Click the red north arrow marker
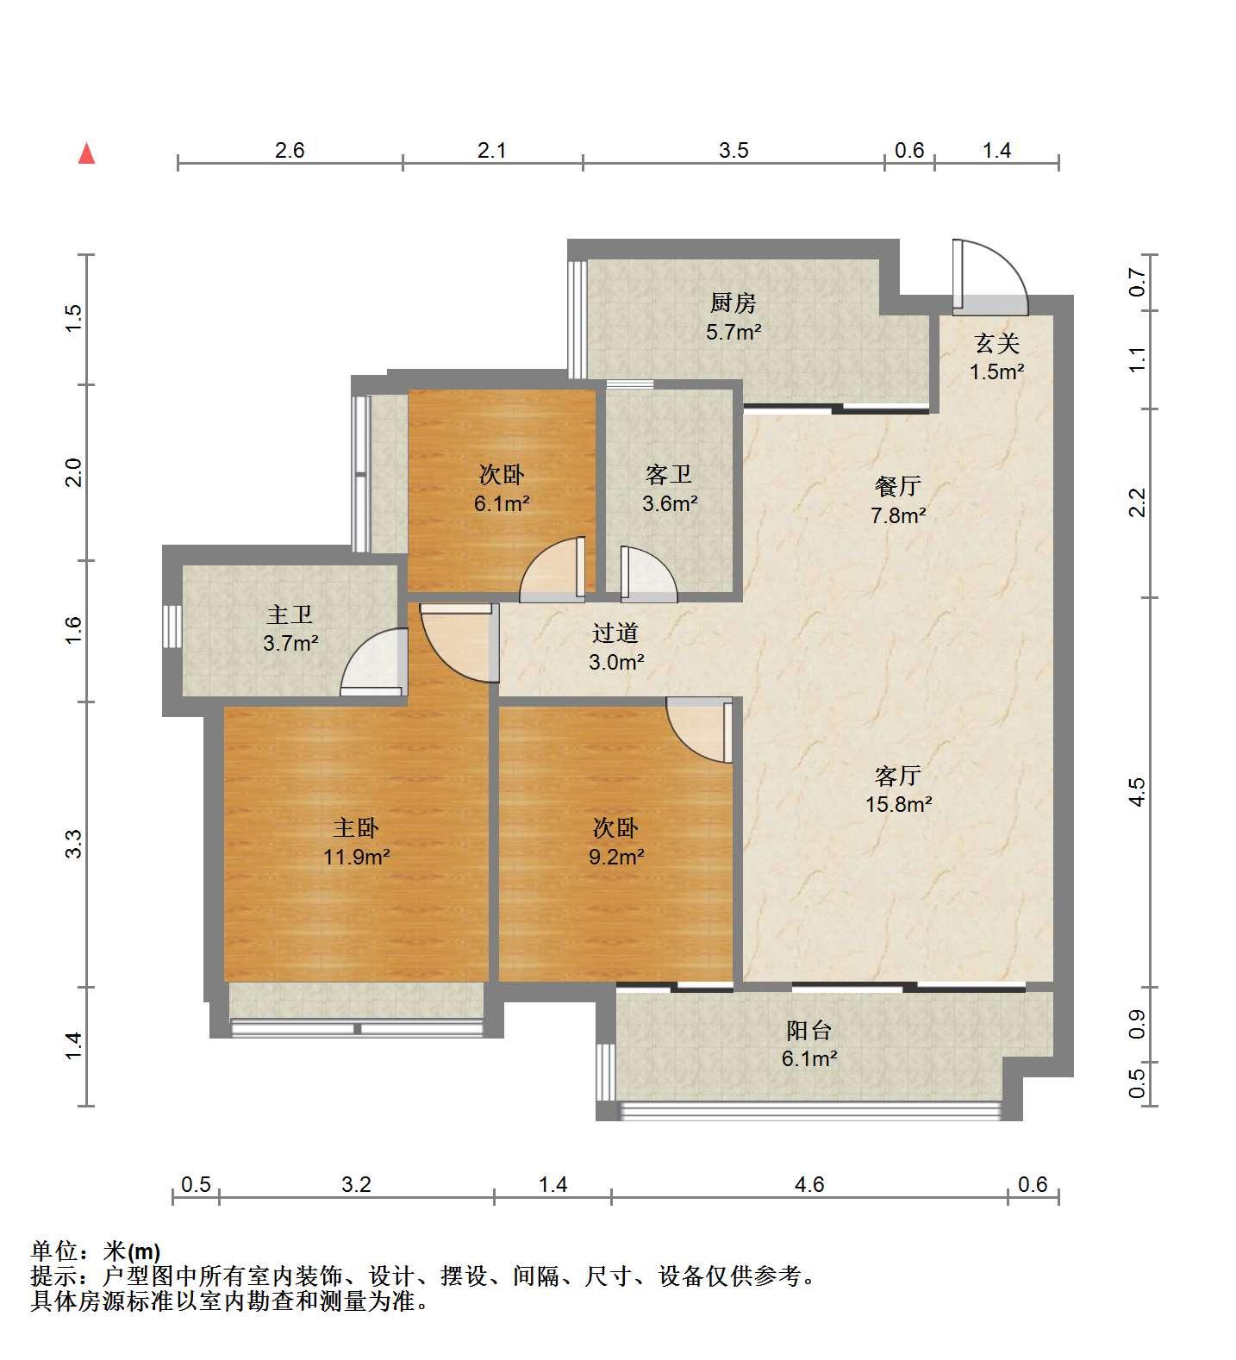pos(86,153)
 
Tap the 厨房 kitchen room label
pos(733,303)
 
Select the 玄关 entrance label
pos(997,345)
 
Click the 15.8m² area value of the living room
pos(899,805)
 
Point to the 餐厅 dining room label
pos(897,487)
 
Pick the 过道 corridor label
pos(615,633)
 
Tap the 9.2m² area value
pos(617,857)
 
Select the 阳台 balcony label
pos(809,1031)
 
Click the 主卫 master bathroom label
pos(290,615)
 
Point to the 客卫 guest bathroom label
pos(669,475)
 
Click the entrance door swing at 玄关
pos(991,276)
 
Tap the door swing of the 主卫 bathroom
pos(374,663)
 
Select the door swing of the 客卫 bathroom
pos(649,573)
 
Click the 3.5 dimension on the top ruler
pos(733,151)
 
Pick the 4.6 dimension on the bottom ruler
pos(809,1184)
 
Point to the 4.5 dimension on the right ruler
pos(1138,792)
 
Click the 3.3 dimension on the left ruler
pos(74,844)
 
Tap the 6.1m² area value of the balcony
pos(808,1058)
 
